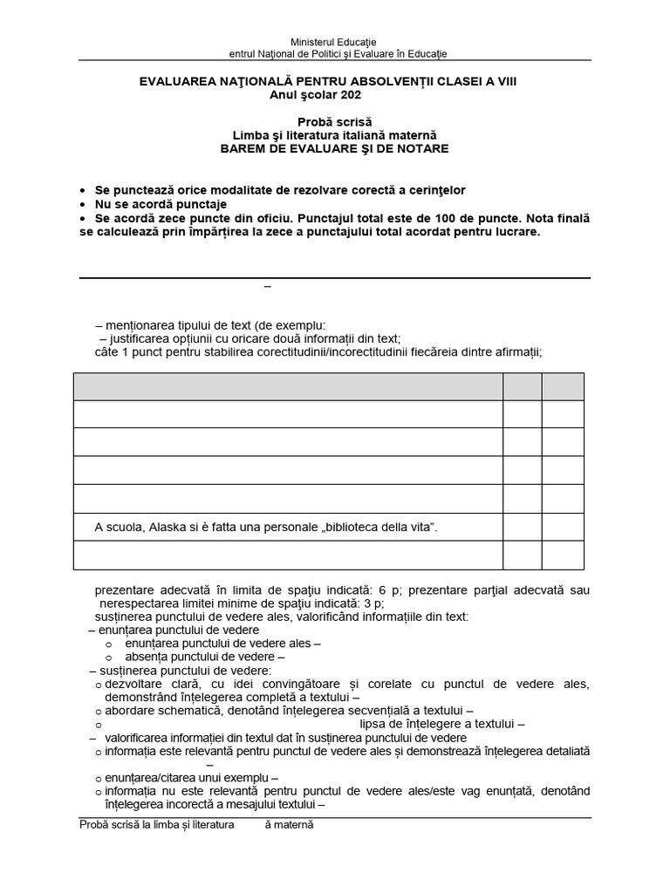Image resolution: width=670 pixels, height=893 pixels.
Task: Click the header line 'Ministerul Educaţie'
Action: pyautogui.click(x=334, y=42)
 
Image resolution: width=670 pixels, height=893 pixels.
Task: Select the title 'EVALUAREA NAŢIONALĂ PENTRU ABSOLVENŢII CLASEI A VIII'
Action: pyautogui.click(x=334, y=81)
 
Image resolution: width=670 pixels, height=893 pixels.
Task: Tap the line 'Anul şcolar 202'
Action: pyautogui.click(x=334, y=95)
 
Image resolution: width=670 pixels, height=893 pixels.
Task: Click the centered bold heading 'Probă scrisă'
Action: pyautogui.click(x=334, y=121)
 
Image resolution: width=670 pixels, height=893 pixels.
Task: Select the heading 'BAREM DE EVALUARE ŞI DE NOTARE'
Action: pyautogui.click(x=334, y=149)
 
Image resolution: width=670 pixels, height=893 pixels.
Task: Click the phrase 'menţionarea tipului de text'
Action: pyautogui.click(x=187, y=324)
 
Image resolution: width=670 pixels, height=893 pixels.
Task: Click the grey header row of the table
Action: pyautogui.click(x=288, y=386)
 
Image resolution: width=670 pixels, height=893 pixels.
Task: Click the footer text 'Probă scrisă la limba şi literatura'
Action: pyautogui.click(x=157, y=824)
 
